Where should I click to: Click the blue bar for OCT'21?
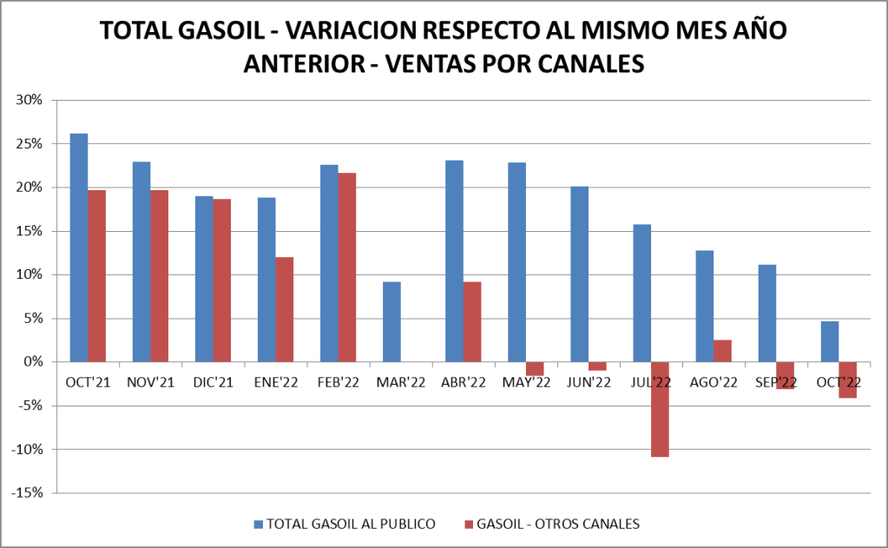coord(79,248)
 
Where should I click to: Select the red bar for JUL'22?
coord(660,408)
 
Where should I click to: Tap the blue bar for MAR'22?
coord(391,321)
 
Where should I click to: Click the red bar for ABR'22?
coord(472,321)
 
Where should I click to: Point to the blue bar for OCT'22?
coord(829,341)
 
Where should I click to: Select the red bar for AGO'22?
coord(722,351)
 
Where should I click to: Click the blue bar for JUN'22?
coord(579,274)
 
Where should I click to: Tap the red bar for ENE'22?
coord(285,309)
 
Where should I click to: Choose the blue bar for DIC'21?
coord(204,279)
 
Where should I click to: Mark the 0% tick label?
coord(32,362)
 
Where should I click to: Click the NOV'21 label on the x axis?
coord(150,382)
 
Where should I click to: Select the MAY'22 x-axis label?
coord(525,382)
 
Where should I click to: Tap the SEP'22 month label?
coord(775,382)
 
